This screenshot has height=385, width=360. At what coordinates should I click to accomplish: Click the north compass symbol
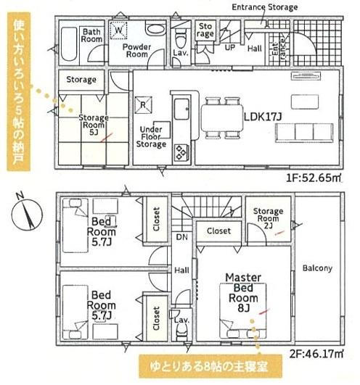click(x=25, y=211)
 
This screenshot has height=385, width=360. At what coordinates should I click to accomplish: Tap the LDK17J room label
click(x=263, y=116)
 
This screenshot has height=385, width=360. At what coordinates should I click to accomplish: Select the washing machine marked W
click(x=119, y=32)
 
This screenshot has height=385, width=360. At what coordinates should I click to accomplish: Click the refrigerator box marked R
click(x=145, y=104)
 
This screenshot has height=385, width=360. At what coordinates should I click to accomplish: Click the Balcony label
click(x=318, y=268)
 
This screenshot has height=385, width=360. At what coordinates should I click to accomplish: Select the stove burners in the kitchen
click(x=180, y=153)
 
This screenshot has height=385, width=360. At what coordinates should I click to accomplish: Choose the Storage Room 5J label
click(x=94, y=125)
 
